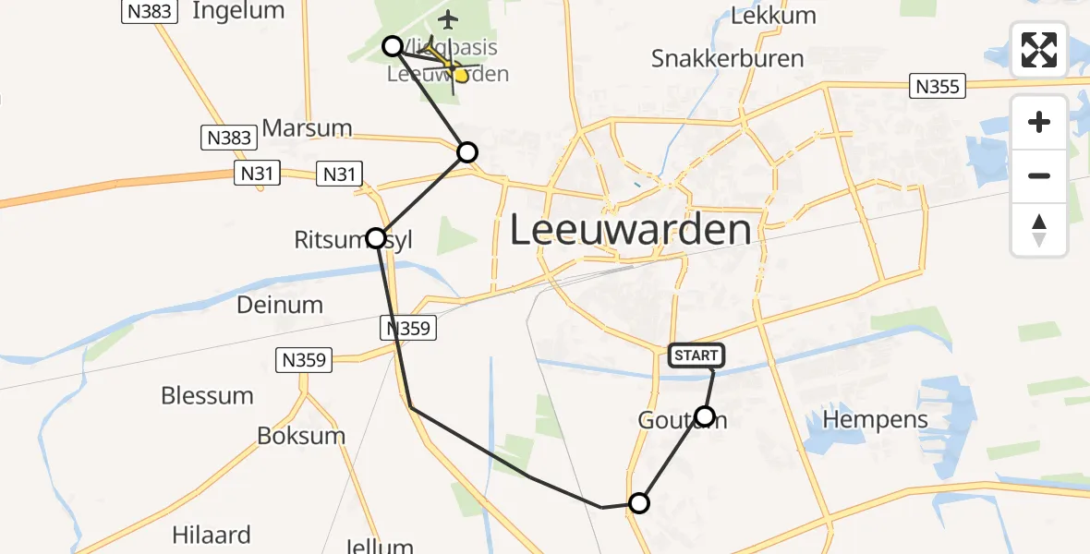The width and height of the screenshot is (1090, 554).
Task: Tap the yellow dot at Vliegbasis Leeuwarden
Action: (x=460, y=76)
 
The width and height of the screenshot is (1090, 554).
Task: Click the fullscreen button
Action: (x=1039, y=50)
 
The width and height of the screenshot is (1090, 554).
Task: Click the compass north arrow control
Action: (x=1039, y=230)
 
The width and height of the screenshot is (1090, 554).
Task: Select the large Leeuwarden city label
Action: (x=631, y=230)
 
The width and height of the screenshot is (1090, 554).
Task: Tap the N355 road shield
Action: (x=939, y=87)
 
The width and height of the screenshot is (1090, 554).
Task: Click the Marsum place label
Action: (x=308, y=127)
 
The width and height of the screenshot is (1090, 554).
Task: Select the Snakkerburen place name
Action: (x=727, y=58)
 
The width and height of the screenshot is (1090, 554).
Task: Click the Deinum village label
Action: (x=279, y=304)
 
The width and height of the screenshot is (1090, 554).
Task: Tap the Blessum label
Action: (x=207, y=395)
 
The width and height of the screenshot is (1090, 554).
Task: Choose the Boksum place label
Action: (x=301, y=436)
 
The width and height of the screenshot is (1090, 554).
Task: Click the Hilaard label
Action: (x=211, y=535)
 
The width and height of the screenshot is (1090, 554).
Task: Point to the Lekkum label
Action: (x=773, y=15)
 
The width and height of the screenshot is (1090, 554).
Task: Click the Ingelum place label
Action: (x=238, y=11)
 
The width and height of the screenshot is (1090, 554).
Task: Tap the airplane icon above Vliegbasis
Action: (x=448, y=18)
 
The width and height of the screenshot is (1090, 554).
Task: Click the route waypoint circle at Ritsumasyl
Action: (x=376, y=238)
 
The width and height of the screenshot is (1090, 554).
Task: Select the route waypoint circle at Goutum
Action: (x=705, y=416)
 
